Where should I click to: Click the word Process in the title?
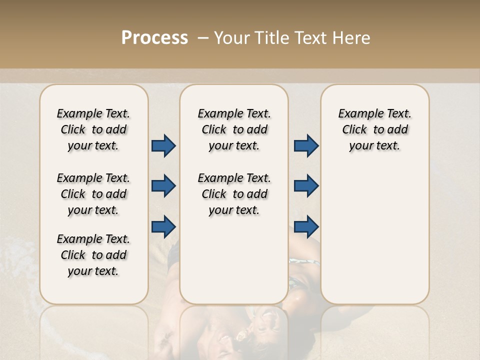(x=154, y=38)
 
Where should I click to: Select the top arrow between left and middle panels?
(x=163, y=146)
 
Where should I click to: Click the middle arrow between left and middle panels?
(x=163, y=186)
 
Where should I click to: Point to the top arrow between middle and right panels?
(x=306, y=146)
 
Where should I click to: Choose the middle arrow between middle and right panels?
(x=306, y=186)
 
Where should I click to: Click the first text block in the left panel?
(x=93, y=129)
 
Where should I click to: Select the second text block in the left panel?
(x=93, y=194)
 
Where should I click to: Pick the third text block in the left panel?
(x=93, y=255)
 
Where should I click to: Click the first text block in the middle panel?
(x=234, y=129)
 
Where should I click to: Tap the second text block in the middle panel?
(x=234, y=194)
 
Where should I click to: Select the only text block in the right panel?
(x=375, y=129)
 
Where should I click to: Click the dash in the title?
(x=203, y=38)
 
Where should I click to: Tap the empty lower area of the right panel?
(x=375, y=240)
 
